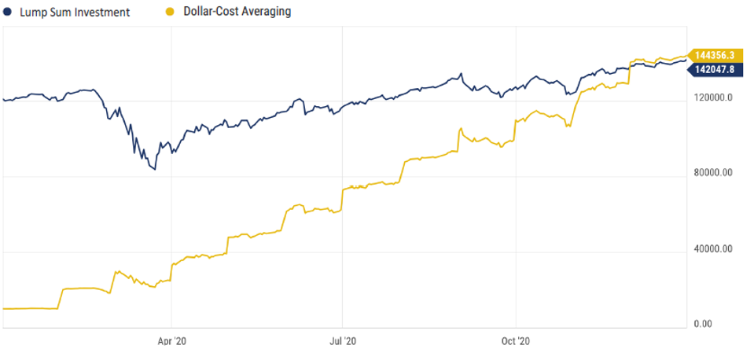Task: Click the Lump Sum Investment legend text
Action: [74, 12]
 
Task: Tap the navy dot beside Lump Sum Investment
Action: [8, 12]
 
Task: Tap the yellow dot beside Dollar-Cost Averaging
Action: [170, 12]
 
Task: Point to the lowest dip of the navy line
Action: [155, 169]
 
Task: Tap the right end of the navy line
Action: [686, 60]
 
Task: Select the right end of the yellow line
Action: [686, 56]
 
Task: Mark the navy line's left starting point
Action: [4, 100]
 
